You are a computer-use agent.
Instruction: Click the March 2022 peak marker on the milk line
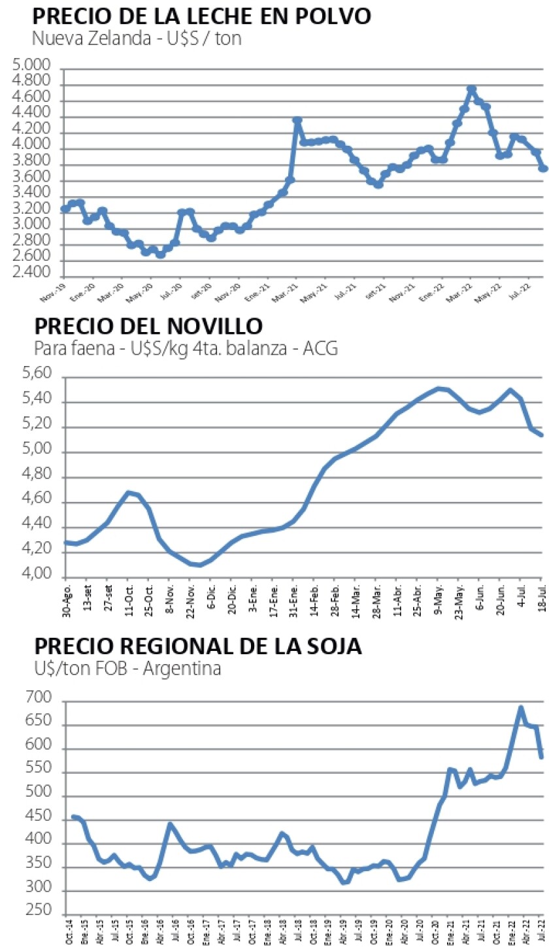click(471, 90)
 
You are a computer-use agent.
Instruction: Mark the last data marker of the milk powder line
click(542, 168)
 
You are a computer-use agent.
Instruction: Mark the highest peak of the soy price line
click(521, 707)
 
